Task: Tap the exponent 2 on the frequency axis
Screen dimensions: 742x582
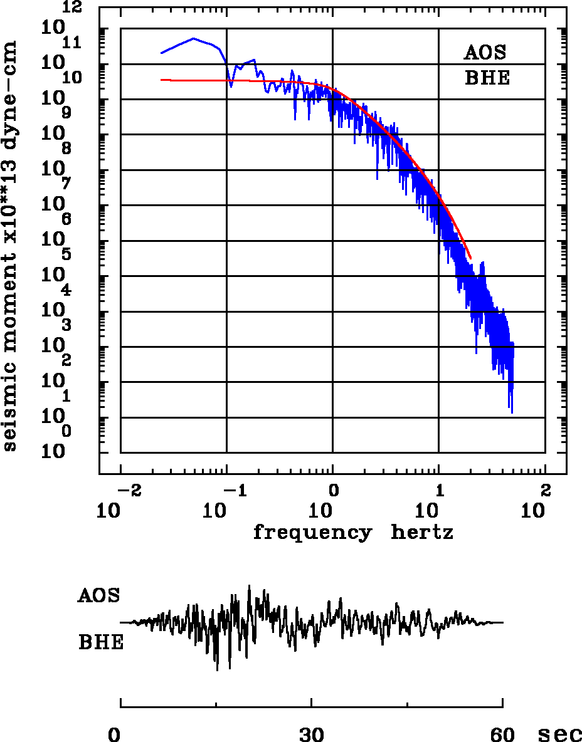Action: click(545, 489)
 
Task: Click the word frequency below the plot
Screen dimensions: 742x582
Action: click(312, 533)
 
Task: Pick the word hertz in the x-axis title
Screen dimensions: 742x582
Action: click(422, 533)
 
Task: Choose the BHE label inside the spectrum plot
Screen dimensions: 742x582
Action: click(487, 79)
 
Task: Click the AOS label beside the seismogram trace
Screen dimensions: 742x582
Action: click(98, 595)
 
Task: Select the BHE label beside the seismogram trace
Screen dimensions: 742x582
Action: click(101, 643)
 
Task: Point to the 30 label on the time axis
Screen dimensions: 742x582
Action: click(312, 734)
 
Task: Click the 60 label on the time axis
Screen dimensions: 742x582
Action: click(503, 734)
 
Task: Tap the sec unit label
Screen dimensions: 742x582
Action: click(559, 734)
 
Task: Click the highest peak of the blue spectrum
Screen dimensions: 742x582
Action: click(194, 38)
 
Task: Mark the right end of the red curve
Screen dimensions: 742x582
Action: click(470, 258)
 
